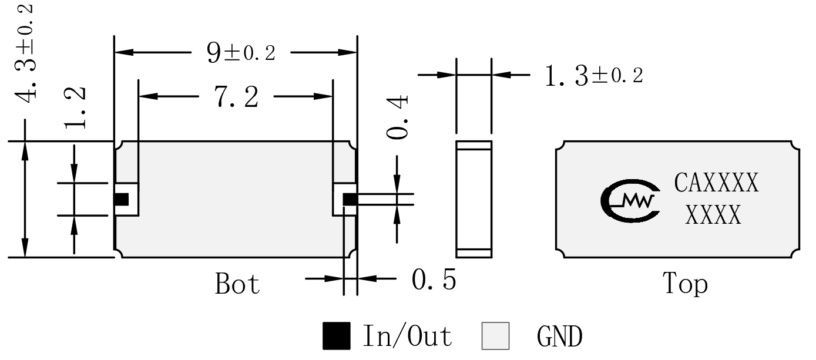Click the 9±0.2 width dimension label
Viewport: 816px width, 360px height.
pos(241,53)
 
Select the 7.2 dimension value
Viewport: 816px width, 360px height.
pos(236,96)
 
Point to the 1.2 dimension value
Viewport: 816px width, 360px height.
pos(75,107)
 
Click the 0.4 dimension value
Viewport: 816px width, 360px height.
pos(397,117)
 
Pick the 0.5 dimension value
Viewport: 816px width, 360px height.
pos(434,280)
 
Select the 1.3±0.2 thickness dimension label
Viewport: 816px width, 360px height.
pos(594,76)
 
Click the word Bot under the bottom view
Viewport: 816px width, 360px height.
pos(237,283)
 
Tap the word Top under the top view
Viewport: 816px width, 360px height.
pos(685,284)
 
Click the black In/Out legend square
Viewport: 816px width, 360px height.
pos(337,336)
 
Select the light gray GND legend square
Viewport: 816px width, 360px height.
pos(495,336)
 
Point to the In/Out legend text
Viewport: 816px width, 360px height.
pos(407,335)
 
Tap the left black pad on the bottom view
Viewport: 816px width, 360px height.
pos(121,200)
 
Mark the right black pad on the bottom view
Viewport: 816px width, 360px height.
pos(350,200)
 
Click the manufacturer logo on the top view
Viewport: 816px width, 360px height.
pos(630,201)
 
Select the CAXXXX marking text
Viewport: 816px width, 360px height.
pos(716,183)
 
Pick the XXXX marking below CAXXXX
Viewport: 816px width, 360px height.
pos(713,215)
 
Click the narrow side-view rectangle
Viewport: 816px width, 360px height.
pos(474,199)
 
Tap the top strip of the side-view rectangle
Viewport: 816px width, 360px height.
pos(474,145)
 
